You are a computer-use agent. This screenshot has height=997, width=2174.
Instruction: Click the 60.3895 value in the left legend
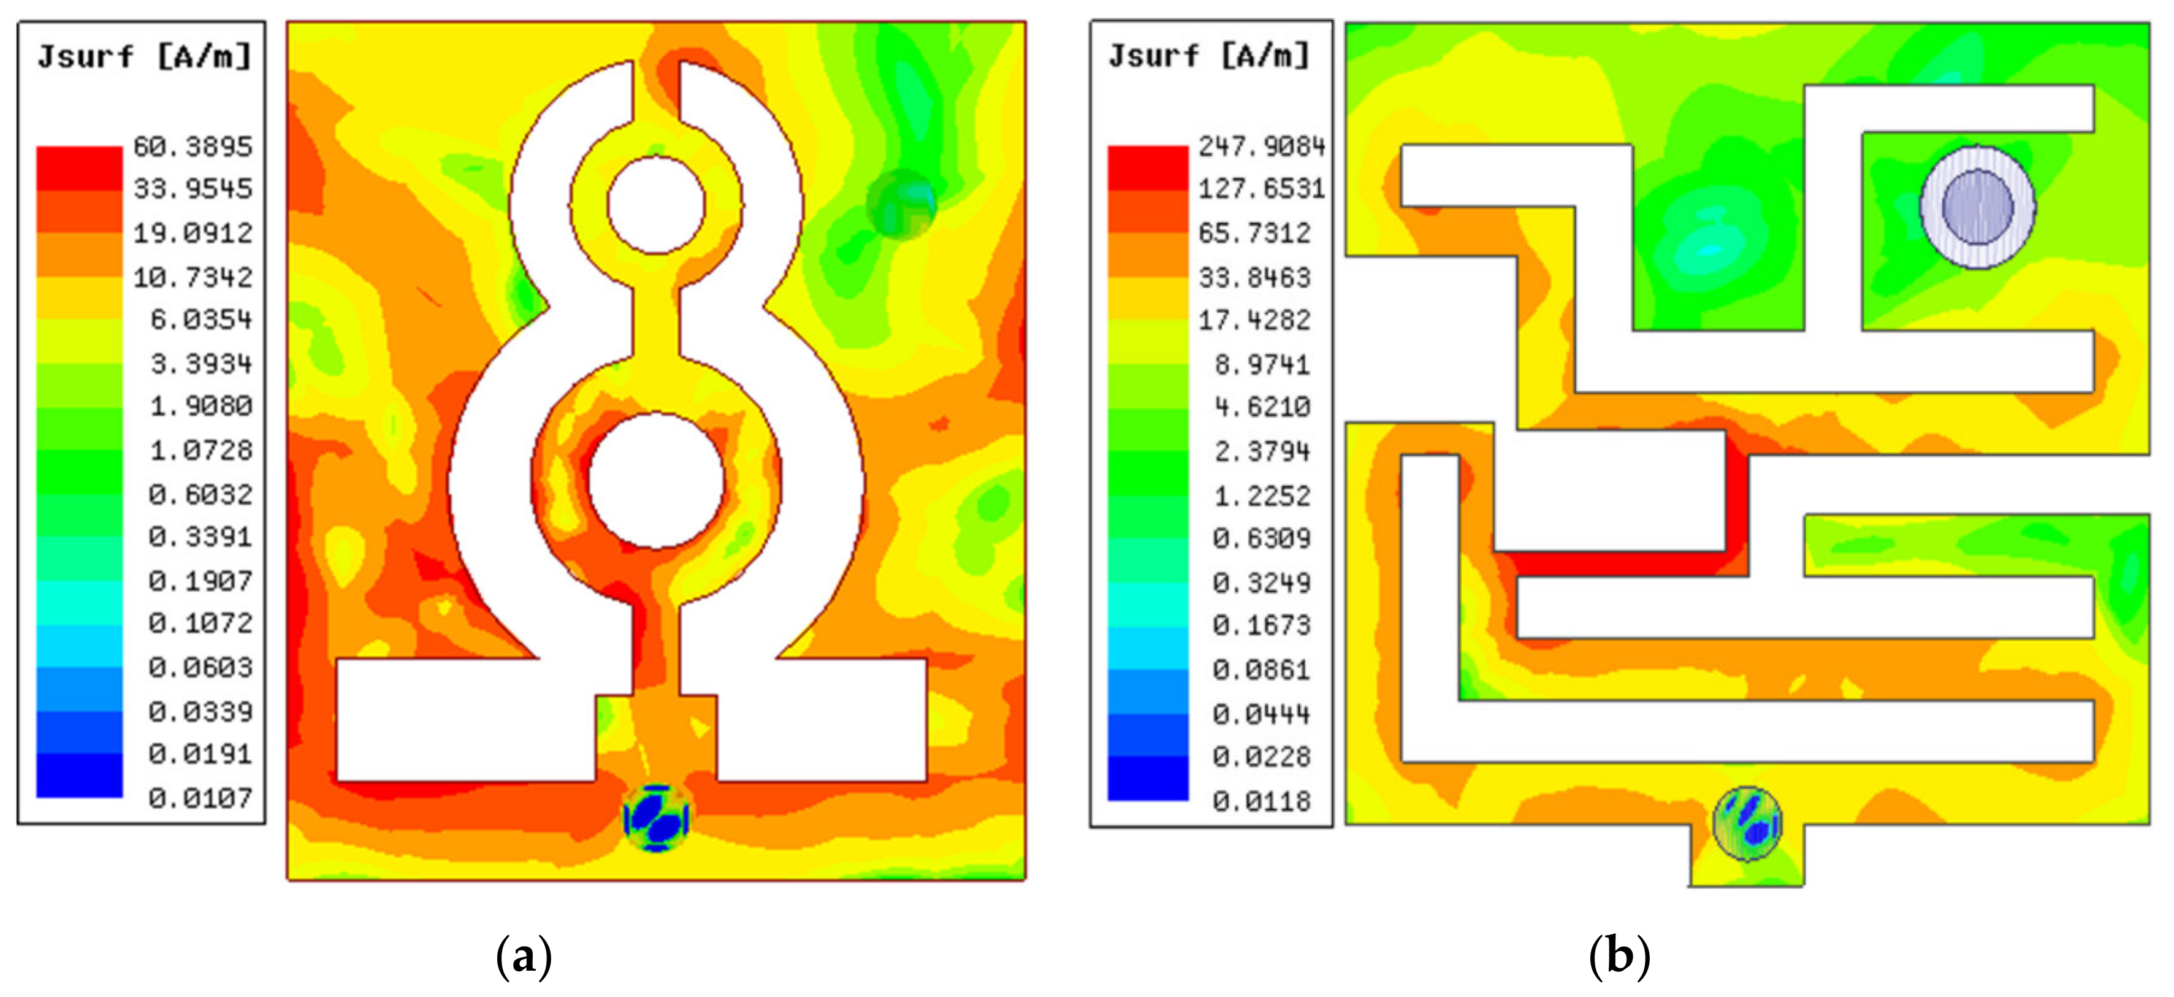tap(193, 147)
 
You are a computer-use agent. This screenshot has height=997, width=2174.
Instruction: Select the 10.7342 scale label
tap(193, 277)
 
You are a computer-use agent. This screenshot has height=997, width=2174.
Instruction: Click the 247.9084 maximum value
tap(1262, 147)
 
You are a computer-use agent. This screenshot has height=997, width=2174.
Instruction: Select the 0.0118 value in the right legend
tap(1262, 800)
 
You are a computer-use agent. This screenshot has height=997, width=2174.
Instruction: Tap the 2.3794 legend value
tap(1262, 452)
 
